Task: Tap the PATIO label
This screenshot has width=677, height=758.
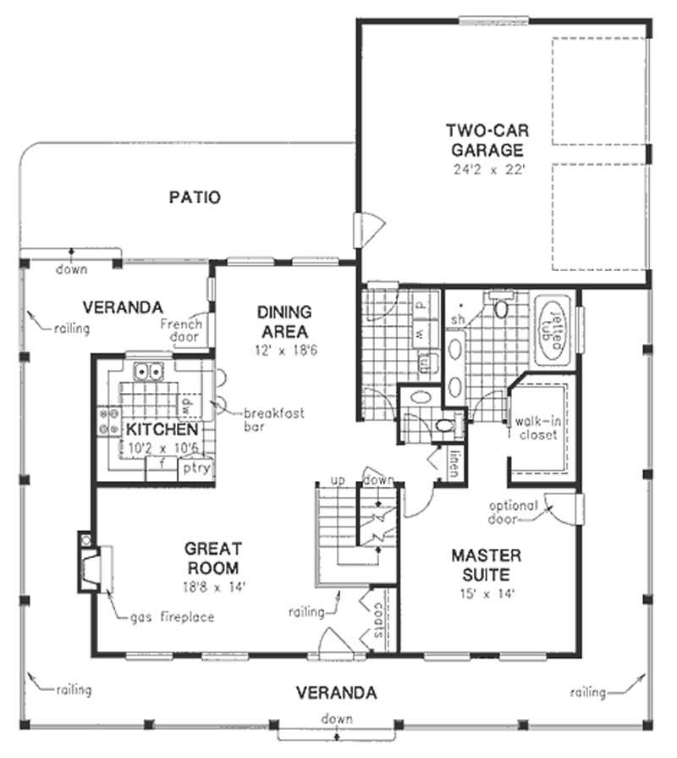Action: pyautogui.click(x=195, y=198)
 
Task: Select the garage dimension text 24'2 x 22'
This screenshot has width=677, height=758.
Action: pyautogui.click(x=486, y=169)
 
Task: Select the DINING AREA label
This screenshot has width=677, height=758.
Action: pyautogui.click(x=284, y=322)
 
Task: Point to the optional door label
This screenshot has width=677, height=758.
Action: pyautogui.click(x=513, y=512)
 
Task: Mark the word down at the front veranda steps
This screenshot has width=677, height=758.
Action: pyautogui.click(x=337, y=719)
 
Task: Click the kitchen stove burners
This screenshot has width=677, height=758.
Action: pyautogui.click(x=109, y=422)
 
